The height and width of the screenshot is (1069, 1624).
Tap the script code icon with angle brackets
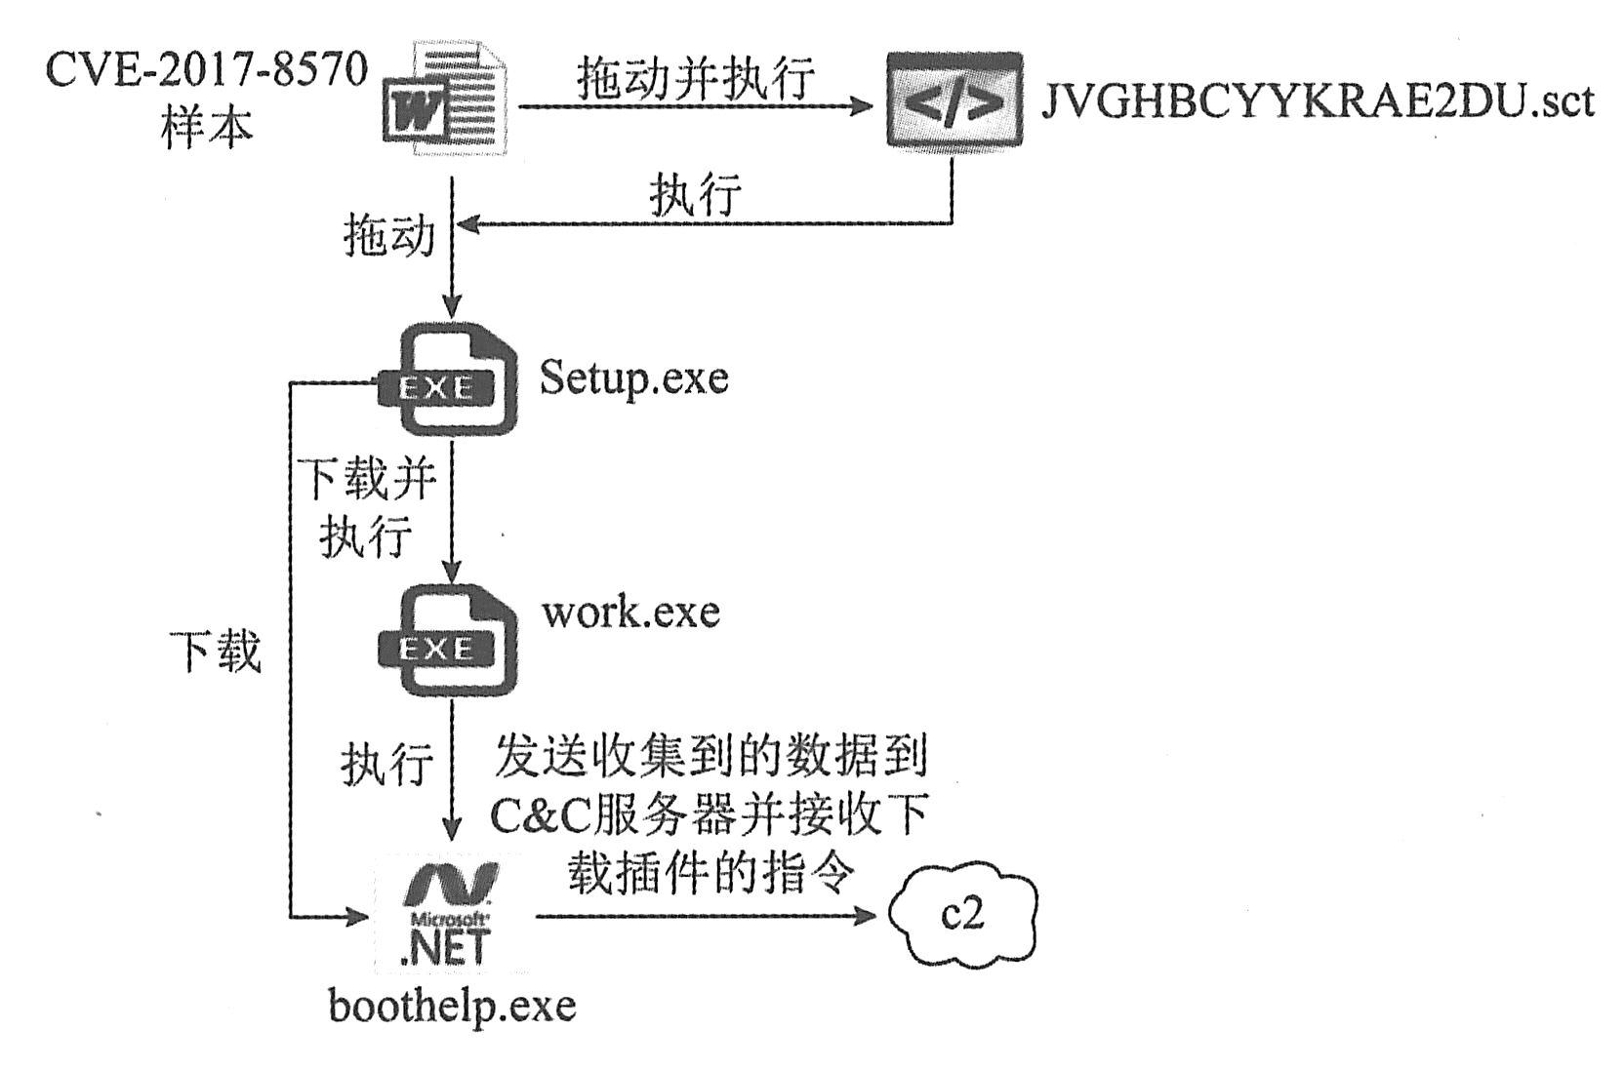point(954,100)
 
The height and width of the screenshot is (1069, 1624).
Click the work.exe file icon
point(448,641)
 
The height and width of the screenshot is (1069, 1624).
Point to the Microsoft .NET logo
point(447,914)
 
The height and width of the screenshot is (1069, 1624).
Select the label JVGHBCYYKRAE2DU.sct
point(1318,101)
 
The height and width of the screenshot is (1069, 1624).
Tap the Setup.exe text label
point(633,376)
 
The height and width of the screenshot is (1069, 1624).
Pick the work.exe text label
point(630,612)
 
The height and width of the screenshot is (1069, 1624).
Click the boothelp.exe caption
point(452,1006)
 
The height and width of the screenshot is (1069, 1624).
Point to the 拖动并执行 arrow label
point(696,77)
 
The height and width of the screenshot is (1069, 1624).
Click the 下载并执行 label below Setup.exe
point(366,507)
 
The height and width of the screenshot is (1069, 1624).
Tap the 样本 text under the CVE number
point(206,127)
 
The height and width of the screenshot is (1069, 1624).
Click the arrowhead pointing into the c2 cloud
point(868,916)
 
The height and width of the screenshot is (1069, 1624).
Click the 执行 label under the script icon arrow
point(695,194)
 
